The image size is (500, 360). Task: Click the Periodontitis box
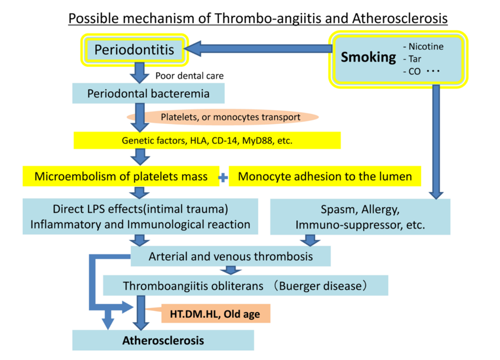(135, 50)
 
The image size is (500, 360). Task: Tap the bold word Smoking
(368, 57)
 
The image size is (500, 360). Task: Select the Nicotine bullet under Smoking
(423, 47)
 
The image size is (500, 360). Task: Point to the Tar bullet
(412, 59)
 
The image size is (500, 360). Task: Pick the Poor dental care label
(189, 76)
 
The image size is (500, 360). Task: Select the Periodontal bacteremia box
(148, 93)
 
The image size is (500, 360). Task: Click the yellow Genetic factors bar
(207, 140)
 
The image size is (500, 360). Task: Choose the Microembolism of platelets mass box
(121, 177)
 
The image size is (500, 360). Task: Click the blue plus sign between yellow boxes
(223, 178)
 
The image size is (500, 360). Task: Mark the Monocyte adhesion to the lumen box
(325, 177)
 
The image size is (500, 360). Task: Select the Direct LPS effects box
(140, 216)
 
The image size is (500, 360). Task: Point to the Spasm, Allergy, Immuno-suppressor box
(360, 217)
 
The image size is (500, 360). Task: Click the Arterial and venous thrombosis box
(231, 256)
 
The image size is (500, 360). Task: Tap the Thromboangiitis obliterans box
(245, 285)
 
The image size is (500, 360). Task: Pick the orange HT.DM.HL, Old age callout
(215, 314)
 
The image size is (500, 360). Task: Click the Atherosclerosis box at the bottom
(163, 340)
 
